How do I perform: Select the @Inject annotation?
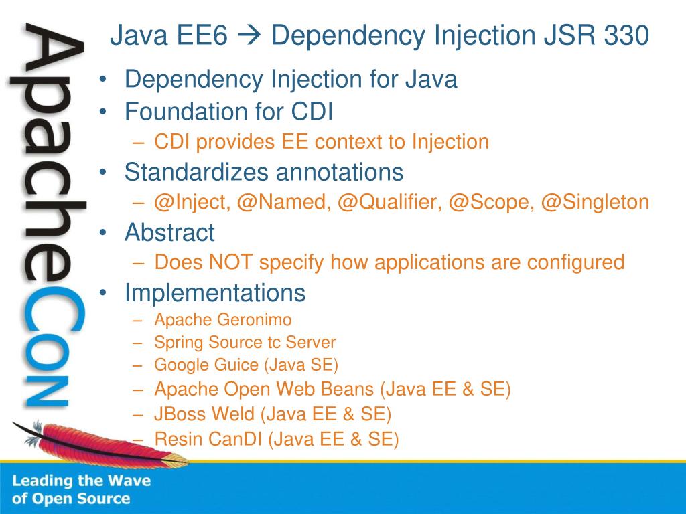click(191, 202)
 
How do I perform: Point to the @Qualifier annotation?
click(389, 202)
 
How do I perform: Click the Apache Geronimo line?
click(222, 320)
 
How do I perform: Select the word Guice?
click(234, 365)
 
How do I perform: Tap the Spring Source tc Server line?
click(245, 343)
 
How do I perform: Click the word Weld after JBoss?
click(233, 414)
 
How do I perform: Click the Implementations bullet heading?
click(214, 292)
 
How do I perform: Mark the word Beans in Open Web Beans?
click(348, 389)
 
